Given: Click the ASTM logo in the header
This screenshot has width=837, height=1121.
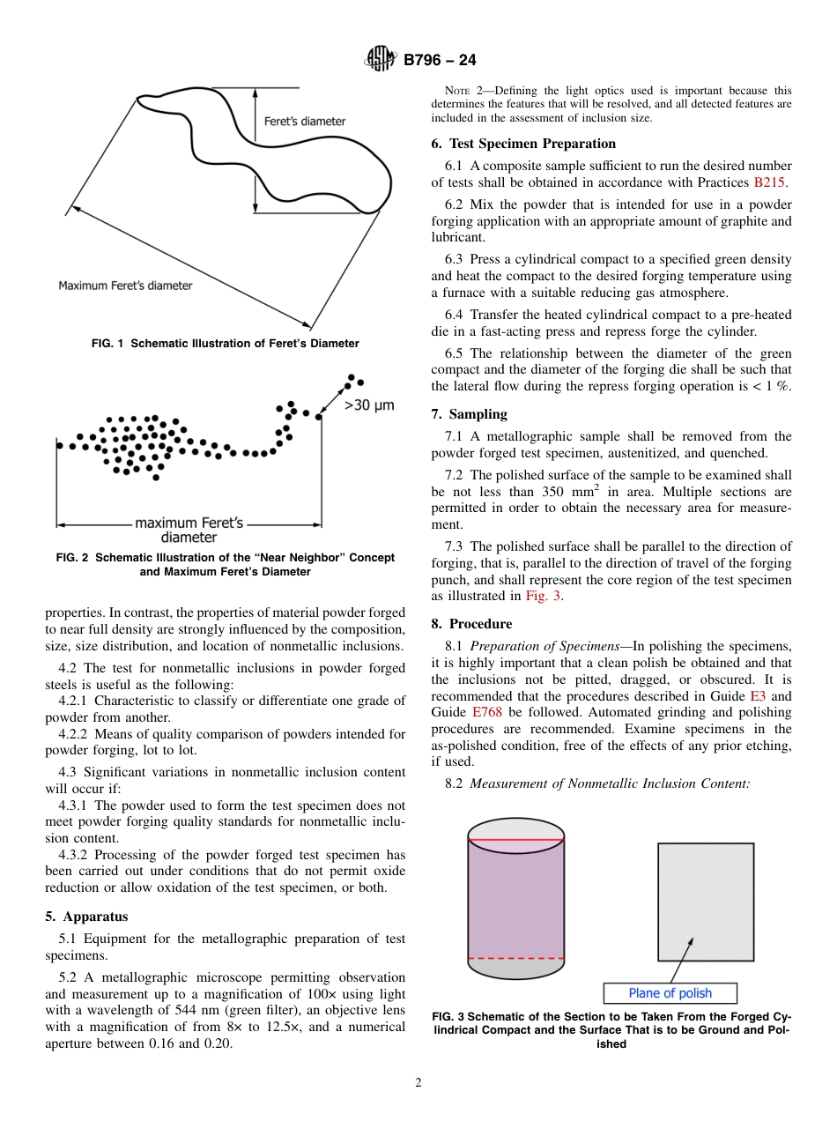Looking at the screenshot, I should point(381,59).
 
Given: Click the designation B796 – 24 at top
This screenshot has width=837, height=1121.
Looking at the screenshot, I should point(440,60).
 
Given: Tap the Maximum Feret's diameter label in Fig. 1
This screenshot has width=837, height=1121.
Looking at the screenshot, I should point(125,286).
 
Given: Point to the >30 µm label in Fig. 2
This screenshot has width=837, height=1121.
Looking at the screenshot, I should point(368,405).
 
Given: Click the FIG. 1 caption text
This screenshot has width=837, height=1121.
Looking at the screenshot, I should point(225,344).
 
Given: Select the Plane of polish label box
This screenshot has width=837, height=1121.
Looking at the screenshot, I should point(670,993).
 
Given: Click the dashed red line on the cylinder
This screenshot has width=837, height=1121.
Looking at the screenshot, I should point(515,958).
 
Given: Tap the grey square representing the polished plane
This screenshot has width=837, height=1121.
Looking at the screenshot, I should point(705,902).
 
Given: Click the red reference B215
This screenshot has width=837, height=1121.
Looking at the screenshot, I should point(770,182).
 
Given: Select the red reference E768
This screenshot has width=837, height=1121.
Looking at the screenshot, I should point(487,712).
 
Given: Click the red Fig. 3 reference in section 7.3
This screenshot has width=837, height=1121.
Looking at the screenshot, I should point(543,597).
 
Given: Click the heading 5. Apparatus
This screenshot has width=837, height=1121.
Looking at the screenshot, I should point(86,917).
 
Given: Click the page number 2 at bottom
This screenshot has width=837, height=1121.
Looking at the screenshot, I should point(418,1083).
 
